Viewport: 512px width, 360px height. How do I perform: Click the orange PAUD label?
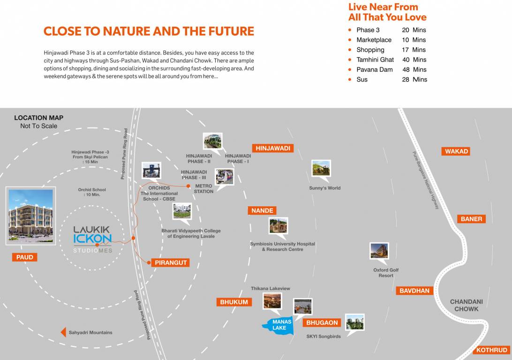(25, 257)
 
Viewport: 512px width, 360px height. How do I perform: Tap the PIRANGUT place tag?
(171, 262)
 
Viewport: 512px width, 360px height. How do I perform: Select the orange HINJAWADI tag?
(273, 148)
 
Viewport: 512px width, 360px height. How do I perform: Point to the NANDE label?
(262, 210)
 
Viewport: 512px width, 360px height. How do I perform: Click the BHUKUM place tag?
(234, 302)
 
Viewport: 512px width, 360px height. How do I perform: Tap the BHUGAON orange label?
(323, 322)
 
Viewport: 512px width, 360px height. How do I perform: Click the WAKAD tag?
(456, 151)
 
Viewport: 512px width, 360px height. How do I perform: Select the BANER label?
(471, 219)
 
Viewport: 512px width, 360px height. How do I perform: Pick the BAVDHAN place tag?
(414, 291)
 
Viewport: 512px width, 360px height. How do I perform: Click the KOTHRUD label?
(492, 350)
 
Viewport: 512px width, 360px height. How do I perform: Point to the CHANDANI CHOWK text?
(466, 305)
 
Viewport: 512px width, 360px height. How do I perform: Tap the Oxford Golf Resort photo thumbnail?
(379, 251)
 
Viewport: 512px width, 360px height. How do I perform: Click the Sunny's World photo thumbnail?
(321, 169)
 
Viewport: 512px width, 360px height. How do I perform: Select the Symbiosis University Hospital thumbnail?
(279, 226)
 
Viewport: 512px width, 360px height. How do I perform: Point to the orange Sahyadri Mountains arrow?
(63, 332)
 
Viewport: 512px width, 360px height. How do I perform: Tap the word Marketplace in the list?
(374, 40)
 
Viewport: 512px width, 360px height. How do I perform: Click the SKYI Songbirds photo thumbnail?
(355, 322)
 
